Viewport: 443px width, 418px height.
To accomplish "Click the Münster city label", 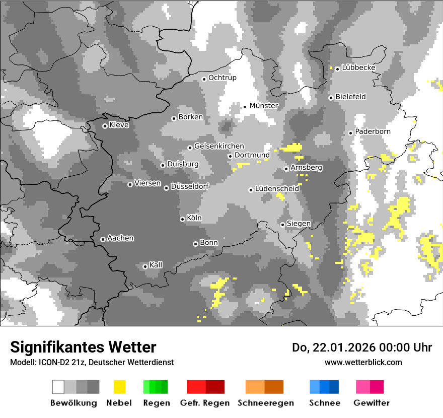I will pyautogui.click(x=264, y=106).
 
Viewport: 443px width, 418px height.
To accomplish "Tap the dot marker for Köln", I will pyautogui.click(x=182, y=219).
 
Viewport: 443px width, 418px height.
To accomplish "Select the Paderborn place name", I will pyautogui.click(x=373, y=132).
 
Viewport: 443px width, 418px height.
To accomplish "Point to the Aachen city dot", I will pyautogui.click(x=103, y=239).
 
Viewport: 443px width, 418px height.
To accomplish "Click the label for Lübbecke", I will pyautogui.click(x=358, y=67).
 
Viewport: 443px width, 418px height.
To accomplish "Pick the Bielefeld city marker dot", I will pyautogui.click(x=331, y=98).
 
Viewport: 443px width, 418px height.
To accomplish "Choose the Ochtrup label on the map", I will pyautogui.click(x=222, y=78).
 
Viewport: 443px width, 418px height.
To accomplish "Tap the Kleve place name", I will pyautogui.click(x=119, y=125).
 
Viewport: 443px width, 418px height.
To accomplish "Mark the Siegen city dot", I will pyautogui.click(x=282, y=225).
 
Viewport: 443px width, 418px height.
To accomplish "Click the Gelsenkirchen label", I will pyautogui.click(x=219, y=147).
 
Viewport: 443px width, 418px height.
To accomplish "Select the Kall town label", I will pyautogui.click(x=156, y=265).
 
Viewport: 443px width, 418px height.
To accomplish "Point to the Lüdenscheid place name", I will pyautogui.click(x=277, y=189).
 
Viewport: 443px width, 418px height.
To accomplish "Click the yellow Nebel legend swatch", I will pyautogui.click(x=119, y=387).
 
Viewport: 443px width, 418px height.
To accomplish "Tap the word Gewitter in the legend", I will pyautogui.click(x=372, y=403).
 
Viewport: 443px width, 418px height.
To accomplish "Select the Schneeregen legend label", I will pyautogui.click(x=266, y=403).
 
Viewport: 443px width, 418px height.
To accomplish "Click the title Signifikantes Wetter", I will pyautogui.click(x=83, y=347).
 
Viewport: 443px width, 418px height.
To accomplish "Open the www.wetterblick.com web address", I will pyautogui.click(x=363, y=362).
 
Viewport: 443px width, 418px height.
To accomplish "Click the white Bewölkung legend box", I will pyautogui.click(x=58, y=387).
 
